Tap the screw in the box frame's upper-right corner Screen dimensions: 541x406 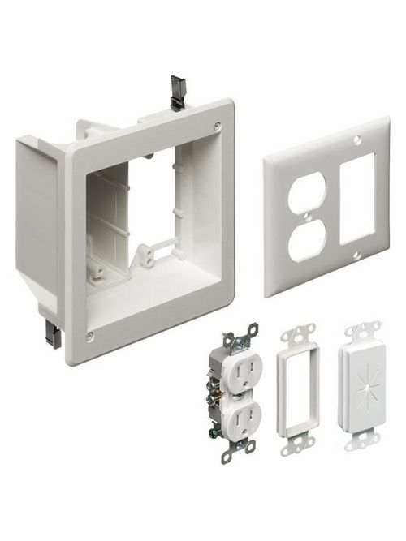(x=217, y=126)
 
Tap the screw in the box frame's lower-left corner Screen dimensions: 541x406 (x=89, y=335)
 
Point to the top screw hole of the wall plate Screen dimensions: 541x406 (x=357, y=140)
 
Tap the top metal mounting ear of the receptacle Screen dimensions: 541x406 (x=242, y=333)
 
